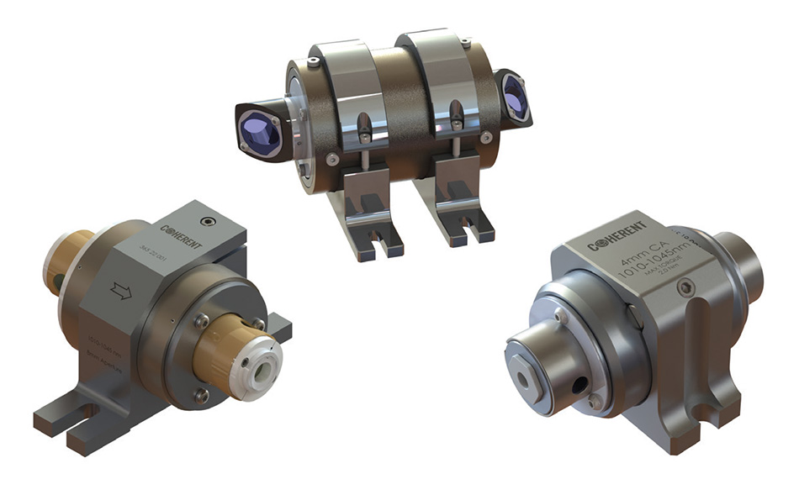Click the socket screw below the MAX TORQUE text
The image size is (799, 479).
(x=685, y=288)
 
